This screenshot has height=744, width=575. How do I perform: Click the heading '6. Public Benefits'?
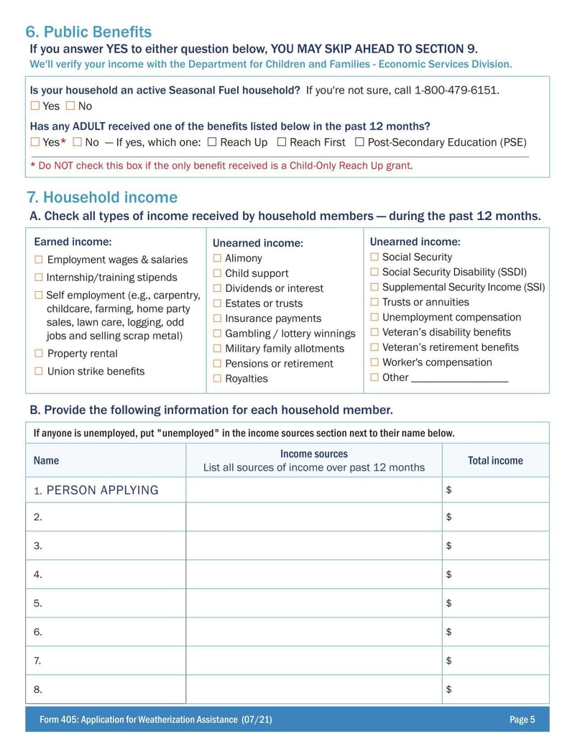(x=88, y=32)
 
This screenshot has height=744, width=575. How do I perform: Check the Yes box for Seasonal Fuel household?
(x=35, y=106)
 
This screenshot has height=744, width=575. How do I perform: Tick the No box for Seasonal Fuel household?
(x=70, y=106)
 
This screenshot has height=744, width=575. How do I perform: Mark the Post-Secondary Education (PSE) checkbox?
(x=359, y=142)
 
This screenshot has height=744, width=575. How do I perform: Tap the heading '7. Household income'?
(x=101, y=197)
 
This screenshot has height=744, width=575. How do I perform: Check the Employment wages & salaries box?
(x=39, y=260)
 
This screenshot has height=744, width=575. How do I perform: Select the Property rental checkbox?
(x=39, y=353)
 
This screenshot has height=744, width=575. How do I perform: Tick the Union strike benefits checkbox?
(x=39, y=371)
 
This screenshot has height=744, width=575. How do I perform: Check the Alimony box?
(x=217, y=258)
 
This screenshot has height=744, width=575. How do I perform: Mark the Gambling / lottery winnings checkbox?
(x=217, y=334)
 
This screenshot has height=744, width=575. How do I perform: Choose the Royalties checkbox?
(x=217, y=378)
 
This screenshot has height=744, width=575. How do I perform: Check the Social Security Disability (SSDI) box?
(x=374, y=272)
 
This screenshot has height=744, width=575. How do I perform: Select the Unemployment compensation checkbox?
(x=374, y=317)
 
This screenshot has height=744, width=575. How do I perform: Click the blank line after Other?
(x=460, y=377)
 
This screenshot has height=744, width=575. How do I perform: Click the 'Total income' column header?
(x=495, y=460)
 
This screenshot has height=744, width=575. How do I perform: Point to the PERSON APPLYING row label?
(x=101, y=490)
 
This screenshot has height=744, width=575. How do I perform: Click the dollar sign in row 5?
(x=448, y=603)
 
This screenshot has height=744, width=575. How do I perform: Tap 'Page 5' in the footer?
(x=522, y=720)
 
